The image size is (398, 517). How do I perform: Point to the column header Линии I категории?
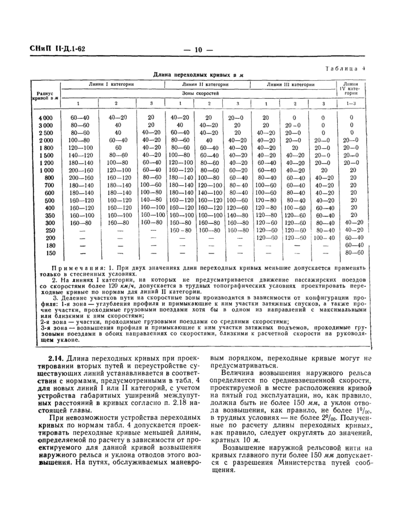click(x=111, y=84)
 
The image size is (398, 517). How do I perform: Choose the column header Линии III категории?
click(x=291, y=84)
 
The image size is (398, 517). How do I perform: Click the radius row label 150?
click(x=51, y=253)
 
